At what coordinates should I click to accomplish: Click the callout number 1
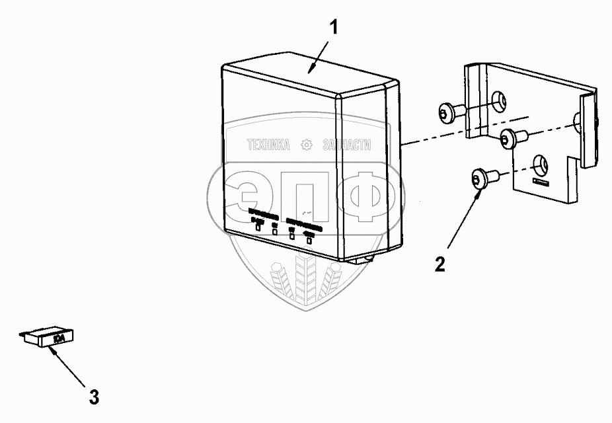pyautogui.click(x=334, y=28)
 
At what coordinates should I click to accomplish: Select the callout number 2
pyautogui.click(x=440, y=264)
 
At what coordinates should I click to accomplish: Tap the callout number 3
pyautogui.click(x=94, y=397)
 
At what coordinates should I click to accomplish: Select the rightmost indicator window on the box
pyautogui.click(x=309, y=239)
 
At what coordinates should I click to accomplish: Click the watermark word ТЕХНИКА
pyautogui.click(x=268, y=145)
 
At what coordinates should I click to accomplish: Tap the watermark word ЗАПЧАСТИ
pyautogui.click(x=346, y=145)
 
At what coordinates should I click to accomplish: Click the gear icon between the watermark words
pyautogui.click(x=307, y=145)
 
